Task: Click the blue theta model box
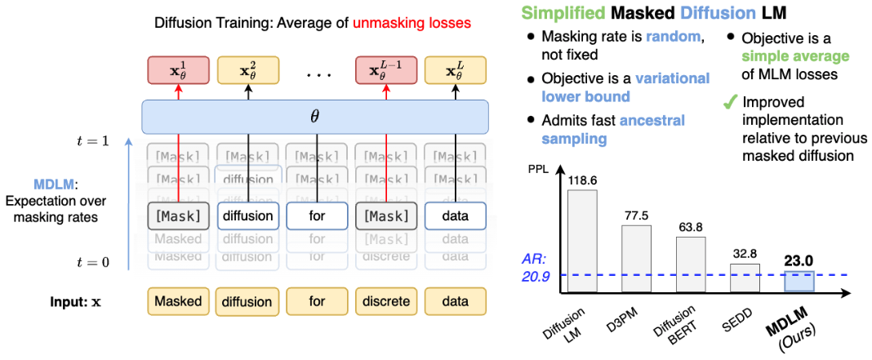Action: click(315, 117)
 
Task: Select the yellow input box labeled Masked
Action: click(177, 301)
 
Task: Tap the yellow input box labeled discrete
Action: click(386, 301)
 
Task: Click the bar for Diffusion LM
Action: click(583, 241)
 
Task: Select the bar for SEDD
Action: click(745, 278)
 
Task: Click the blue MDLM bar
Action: click(799, 282)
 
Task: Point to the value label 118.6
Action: click(583, 180)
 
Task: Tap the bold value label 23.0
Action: click(799, 260)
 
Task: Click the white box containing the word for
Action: click(317, 216)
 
